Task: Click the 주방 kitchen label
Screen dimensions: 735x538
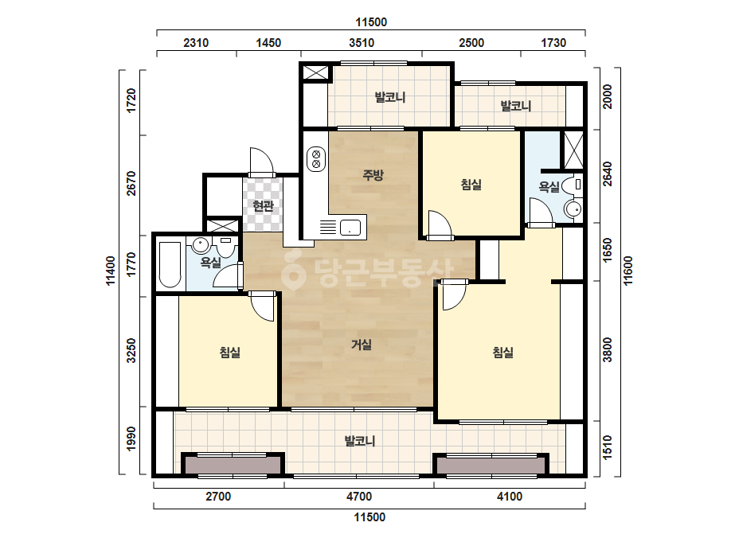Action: (373, 175)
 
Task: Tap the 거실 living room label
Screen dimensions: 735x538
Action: (362, 345)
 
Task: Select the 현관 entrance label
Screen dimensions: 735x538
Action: (263, 205)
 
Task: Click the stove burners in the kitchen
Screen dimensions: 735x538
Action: (316, 158)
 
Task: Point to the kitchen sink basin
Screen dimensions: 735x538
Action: (350, 228)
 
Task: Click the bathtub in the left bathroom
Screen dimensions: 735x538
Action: (170, 264)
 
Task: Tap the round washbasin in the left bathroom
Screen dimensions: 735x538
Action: (201, 244)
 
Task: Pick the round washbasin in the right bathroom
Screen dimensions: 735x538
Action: (573, 208)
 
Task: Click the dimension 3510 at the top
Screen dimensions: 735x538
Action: (362, 43)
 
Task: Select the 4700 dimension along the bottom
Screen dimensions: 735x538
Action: (359, 497)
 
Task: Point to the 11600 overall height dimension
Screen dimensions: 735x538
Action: (628, 271)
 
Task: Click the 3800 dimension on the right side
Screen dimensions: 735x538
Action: (608, 349)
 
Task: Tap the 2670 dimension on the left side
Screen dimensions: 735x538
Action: (131, 183)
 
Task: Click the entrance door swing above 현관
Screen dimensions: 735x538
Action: (261, 162)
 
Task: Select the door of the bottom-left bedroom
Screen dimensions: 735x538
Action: (262, 306)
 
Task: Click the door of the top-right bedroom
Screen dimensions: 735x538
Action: (440, 225)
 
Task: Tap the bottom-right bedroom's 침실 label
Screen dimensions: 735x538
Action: (503, 352)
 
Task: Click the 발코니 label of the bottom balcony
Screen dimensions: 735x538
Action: (360, 441)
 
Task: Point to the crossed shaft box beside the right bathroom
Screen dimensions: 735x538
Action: (573, 150)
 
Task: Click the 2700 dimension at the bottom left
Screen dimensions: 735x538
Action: (218, 497)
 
